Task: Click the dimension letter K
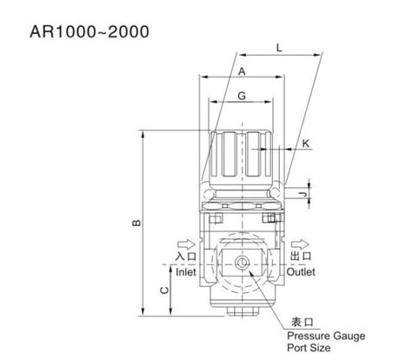point(307,143)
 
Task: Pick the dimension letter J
point(301,194)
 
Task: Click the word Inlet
point(185,271)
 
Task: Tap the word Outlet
point(304,271)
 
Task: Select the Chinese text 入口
point(185,257)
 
